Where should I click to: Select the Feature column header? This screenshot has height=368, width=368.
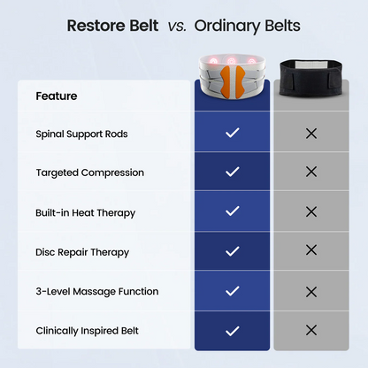(57, 96)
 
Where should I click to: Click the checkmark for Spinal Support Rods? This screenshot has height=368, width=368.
(233, 133)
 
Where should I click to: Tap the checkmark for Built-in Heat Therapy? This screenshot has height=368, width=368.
(233, 211)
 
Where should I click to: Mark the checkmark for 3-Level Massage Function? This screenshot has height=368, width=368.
(233, 291)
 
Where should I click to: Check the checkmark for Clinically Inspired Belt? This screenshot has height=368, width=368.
(233, 331)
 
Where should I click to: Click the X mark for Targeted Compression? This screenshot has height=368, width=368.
(310, 172)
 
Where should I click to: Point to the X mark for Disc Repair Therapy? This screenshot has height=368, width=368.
(310, 251)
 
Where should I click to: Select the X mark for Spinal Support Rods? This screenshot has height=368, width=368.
(310, 133)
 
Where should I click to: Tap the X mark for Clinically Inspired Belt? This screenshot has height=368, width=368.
(310, 331)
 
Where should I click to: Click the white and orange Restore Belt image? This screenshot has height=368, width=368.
(233, 74)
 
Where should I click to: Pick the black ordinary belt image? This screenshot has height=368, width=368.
(310, 75)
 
